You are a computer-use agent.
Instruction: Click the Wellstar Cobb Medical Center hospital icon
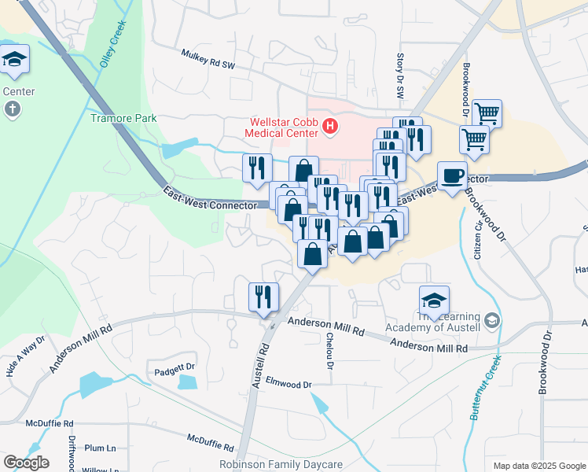coord(330,126)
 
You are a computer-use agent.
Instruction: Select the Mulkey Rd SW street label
coord(208,57)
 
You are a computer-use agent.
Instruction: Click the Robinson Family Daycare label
coord(281,465)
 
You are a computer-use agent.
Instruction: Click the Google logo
coord(26,463)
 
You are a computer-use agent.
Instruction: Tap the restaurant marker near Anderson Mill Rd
coord(263,297)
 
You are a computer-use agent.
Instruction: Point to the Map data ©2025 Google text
coord(538,465)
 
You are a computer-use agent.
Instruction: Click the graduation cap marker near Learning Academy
coord(434,299)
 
